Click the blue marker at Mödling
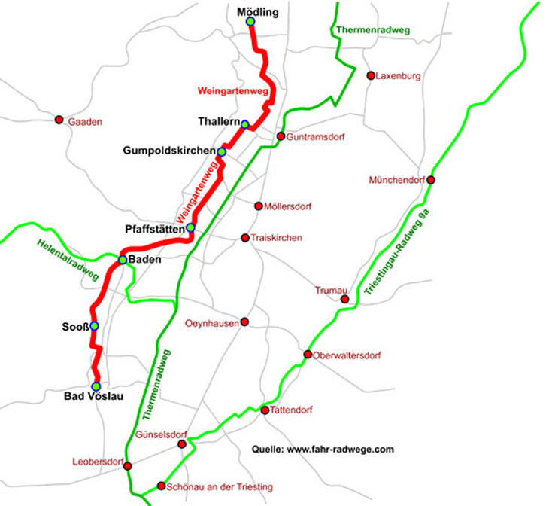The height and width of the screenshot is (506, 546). [250, 21]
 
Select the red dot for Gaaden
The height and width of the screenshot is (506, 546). [59, 120]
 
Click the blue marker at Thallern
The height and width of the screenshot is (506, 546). [244, 123]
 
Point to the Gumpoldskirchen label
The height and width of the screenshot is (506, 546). [168, 151]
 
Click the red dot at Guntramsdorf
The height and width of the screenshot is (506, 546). [281, 136]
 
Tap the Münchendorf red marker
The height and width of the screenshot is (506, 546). [430, 180]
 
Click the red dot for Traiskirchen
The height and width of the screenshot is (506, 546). [245, 238]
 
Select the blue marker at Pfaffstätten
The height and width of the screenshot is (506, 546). [190, 227]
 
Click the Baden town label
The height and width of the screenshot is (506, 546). [146, 260]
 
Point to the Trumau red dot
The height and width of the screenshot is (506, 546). [344, 299]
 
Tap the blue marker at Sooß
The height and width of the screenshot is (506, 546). [94, 326]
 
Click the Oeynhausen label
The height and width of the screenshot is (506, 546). [211, 323]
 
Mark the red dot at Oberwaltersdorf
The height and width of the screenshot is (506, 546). [308, 355]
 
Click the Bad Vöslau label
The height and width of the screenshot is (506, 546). [95, 398]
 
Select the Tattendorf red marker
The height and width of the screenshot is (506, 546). [265, 410]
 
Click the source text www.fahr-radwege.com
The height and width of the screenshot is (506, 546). [323, 450]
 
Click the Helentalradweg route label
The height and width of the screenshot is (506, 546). [68, 263]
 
